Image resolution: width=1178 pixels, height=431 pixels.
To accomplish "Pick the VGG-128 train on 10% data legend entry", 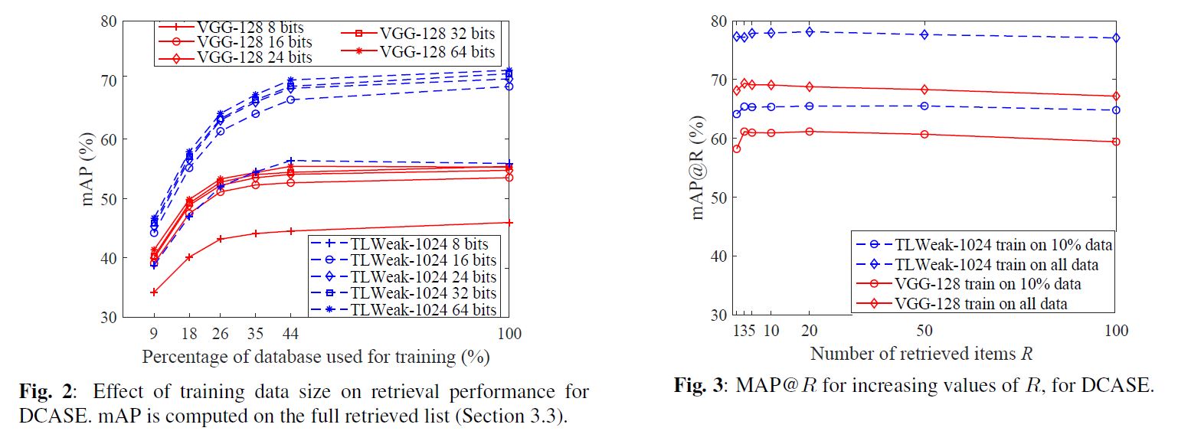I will pos(987,284).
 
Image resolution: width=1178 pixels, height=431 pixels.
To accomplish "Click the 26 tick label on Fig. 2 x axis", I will pos(220,334).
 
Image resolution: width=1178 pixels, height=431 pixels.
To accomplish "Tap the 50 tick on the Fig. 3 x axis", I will pos(924,330).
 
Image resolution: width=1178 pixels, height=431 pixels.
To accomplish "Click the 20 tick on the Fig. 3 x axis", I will pos(809,330).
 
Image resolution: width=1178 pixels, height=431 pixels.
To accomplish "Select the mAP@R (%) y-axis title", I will pos(698,168).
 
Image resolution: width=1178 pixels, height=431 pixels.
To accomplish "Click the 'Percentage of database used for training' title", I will pos(316,357).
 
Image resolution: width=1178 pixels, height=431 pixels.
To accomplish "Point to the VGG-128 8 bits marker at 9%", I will pos(154,292).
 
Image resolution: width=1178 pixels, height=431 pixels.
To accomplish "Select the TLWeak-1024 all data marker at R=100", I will pos(1116,38).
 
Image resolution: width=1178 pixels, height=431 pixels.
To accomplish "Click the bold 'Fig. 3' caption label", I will pos(698,385).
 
